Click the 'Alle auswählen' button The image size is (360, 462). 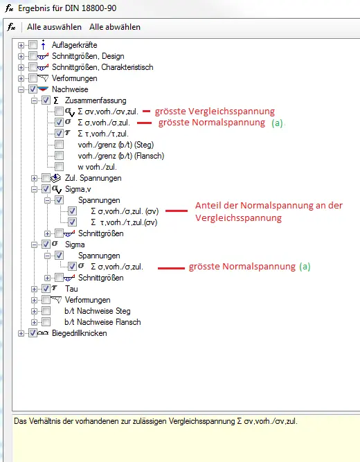tap(54, 27)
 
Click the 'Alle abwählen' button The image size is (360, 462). tap(115, 27)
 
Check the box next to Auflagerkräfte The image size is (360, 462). tap(33, 45)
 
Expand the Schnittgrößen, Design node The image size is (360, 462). tap(21, 56)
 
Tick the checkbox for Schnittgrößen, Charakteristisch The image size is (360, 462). tap(33, 67)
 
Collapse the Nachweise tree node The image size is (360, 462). tap(21, 89)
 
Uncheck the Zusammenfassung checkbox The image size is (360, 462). tap(46, 100)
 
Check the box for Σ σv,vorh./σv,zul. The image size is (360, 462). tap(60, 112)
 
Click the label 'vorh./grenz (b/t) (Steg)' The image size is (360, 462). tap(116, 145)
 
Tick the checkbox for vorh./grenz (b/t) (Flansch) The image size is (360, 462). tap(60, 156)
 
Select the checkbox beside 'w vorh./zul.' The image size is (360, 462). tap(60, 167)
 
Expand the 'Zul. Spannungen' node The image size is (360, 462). tap(34, 178)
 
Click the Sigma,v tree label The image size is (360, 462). tap(78, 189)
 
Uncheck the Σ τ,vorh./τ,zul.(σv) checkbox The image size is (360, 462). tap(72, 222)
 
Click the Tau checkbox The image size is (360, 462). tap(46, 289)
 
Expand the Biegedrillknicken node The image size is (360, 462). tap(21, 334)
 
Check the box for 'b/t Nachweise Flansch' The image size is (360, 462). tap(46, 322)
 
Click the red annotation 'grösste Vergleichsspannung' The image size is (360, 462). tap(215, 112)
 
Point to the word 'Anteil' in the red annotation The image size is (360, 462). tap(208, 205)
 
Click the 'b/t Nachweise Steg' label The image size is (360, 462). tap(98, 311)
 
